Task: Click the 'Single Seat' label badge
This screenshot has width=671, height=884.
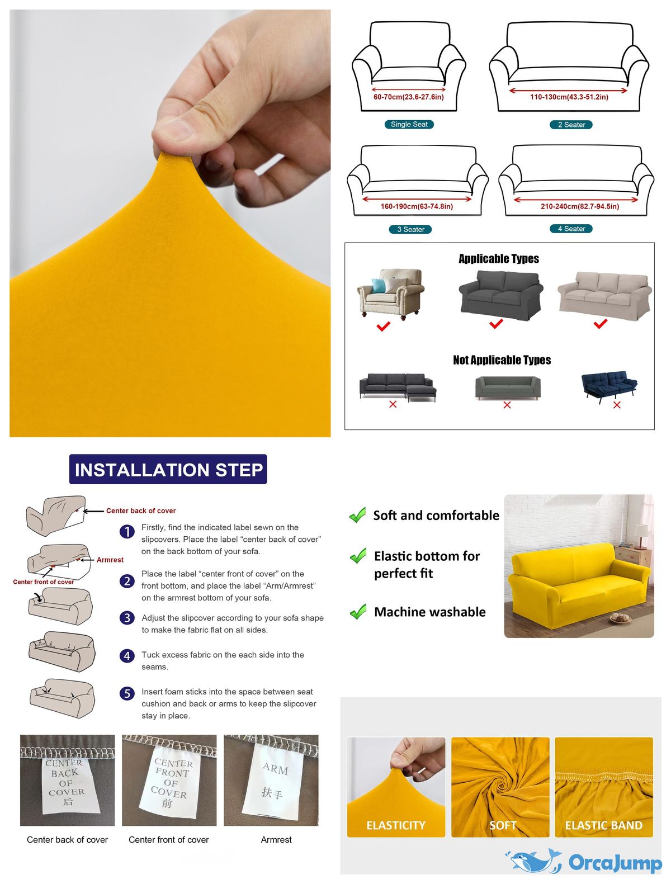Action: (409, 125)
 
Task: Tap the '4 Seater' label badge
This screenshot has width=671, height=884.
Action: (571, 229)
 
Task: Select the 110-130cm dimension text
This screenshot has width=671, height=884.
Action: (569, 97)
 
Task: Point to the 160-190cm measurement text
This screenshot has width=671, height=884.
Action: (417, 207)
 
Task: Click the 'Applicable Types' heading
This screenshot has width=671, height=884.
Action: (499, 258)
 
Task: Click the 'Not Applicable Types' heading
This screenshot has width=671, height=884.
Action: (502, 360)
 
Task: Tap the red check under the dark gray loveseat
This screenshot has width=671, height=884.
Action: (496, 323)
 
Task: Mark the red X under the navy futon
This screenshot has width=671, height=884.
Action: (617, 405)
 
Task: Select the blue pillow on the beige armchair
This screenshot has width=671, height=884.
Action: (379, 285)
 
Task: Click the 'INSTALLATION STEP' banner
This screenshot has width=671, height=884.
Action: (168, 469)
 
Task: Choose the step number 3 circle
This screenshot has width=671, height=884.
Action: (127, 618)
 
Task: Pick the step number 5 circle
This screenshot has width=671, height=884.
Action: (127, 693)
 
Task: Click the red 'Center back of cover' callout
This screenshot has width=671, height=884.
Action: (141, 510)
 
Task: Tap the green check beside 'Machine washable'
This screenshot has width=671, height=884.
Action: (358, 611)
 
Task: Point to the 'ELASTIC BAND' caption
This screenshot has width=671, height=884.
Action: (603, 826)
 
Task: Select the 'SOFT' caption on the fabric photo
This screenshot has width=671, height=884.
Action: (502, 826)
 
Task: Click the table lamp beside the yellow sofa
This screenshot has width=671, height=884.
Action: (640, 535)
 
